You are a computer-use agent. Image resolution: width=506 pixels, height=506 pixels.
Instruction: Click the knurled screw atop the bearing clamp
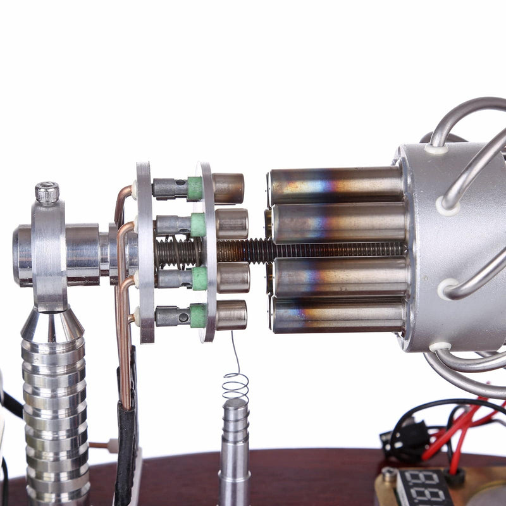(47, 192)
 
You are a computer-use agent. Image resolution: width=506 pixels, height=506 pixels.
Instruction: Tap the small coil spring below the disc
(235, 383)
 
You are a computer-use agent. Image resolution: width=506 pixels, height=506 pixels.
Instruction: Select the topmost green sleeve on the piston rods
(195, 188)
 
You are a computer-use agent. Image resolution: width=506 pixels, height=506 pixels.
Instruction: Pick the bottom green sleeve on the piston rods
(198, 316)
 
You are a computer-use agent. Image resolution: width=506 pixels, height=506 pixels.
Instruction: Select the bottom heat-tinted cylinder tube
(339, 314)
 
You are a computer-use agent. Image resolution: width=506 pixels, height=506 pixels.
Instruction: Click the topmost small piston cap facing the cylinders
(228, 188)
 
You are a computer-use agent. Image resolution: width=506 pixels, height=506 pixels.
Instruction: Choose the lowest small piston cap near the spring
(231, 315)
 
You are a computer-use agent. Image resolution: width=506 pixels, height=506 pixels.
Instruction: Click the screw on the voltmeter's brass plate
(389, 474)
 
